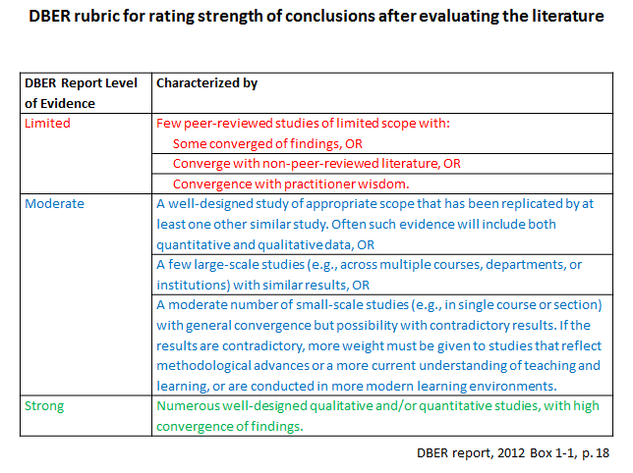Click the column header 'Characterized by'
[207, 83]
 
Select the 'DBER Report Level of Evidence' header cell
[81, 92]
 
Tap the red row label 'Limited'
[47, 124]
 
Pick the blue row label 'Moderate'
[54, 204]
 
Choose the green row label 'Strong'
[44, 405]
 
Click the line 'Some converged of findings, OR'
[267, 143]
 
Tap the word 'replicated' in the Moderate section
[509, 204]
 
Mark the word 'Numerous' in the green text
[189, 405]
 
